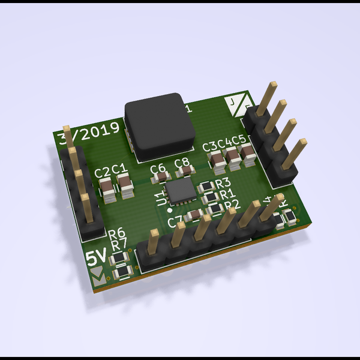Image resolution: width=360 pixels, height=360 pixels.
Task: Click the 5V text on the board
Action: (97, 259)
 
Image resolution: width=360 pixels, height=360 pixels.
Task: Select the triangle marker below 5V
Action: (97, 275)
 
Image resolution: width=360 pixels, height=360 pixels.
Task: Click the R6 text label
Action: (116, 233)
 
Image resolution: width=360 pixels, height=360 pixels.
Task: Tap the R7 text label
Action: (119, 244)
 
